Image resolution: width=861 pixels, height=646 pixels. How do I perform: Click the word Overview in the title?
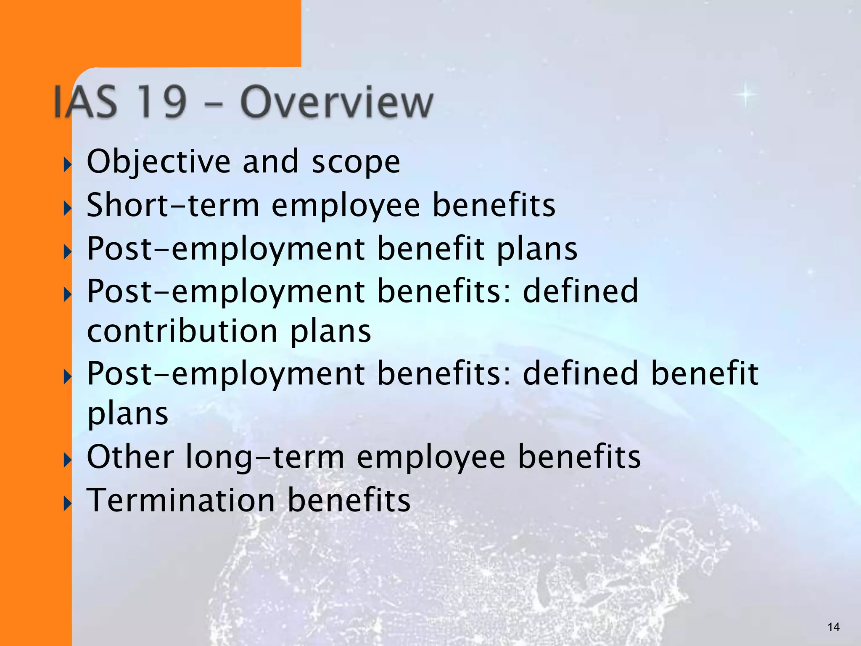click(x=336, y=103)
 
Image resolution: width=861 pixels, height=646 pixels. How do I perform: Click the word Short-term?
click(x=173, y=205)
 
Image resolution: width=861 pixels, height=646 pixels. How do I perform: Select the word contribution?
click(x=182, y=331)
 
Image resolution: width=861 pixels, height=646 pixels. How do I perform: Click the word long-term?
click(x=265, y=457)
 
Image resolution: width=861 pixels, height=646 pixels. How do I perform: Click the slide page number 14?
click(x=833, y=627)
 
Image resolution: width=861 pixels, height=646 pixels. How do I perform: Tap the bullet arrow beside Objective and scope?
click(x=67, y=165)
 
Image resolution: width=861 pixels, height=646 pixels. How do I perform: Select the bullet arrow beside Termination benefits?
click(x=67, y=503)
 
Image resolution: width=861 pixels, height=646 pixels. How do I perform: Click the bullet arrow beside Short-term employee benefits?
click(x=67, y=208)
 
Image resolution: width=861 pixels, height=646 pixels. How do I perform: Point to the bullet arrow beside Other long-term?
click(x=67, y=460)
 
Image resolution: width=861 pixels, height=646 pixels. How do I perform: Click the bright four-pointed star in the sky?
click(x=746, y=95)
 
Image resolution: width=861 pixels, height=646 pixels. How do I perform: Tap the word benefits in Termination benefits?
click(x=349, y=500)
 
